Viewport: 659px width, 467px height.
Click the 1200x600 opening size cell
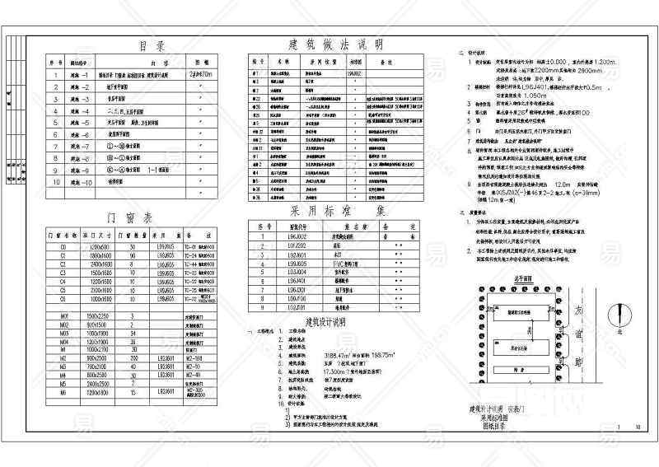[100, 246]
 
